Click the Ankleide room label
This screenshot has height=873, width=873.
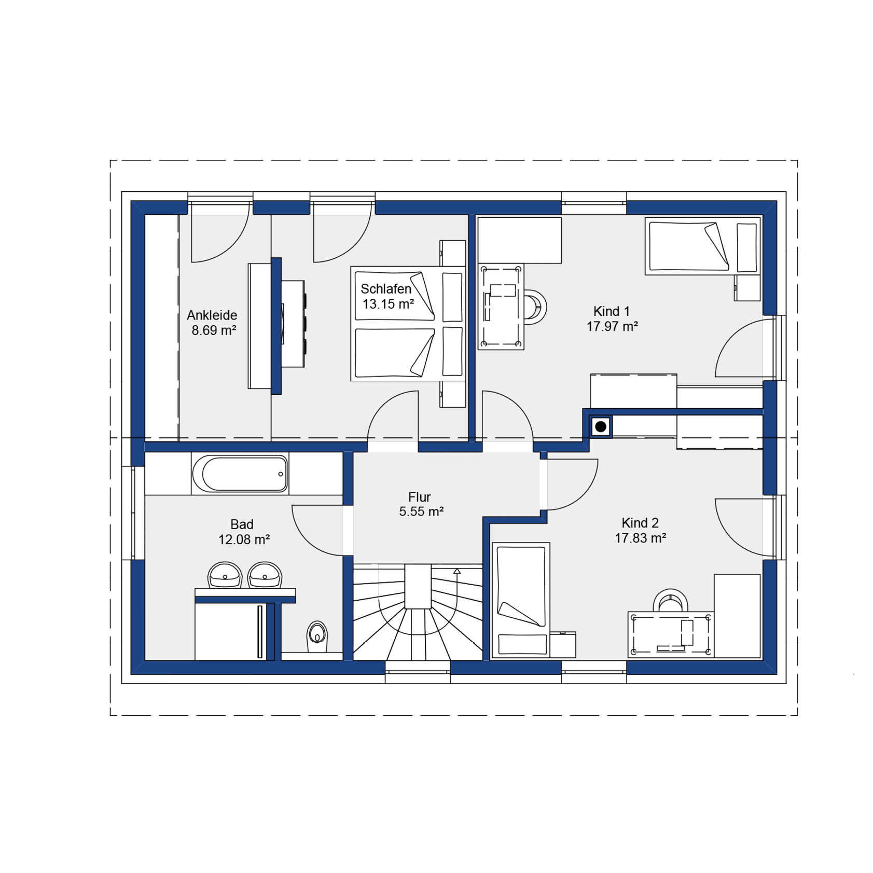(212, 315)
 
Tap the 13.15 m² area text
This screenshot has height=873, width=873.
(388, 304)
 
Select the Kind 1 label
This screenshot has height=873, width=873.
(611, 311)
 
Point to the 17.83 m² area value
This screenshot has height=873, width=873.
(640, 538)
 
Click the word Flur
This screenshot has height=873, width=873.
(419, 497)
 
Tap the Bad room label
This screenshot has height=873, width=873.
(242, 524)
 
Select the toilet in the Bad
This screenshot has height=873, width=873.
(316, 636)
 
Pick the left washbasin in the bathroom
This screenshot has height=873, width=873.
(225, 575)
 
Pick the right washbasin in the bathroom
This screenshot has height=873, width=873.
(265, 575)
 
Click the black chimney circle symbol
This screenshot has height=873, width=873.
(600, 427)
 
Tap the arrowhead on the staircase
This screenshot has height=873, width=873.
(456, 571)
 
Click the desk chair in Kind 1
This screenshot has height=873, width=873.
(535, 307)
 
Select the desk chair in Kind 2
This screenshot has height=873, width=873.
(670, 601)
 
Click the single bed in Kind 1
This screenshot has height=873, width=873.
(702, 246)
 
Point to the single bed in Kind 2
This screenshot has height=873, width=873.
(521, 600)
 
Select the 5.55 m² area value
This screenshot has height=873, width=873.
(421, 511)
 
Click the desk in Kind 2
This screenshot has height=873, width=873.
(671, 635)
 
